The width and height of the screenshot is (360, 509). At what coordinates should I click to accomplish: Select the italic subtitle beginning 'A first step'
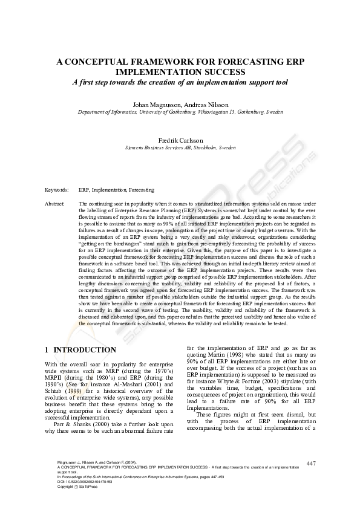[180, 82]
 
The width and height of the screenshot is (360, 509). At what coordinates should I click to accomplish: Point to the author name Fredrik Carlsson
[180, 140]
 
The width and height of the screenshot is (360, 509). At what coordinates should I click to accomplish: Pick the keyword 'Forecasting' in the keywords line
[141, 190]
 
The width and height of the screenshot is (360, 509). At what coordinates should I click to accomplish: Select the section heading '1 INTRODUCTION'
[81, 350]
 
